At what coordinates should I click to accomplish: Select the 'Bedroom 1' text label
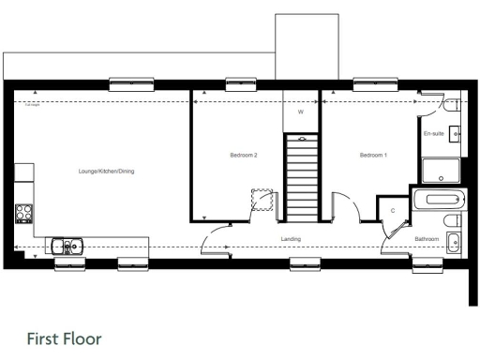373,155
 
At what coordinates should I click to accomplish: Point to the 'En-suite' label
433,135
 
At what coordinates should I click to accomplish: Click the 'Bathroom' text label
427,240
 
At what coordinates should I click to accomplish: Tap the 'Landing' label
291,240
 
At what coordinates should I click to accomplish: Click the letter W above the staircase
301,112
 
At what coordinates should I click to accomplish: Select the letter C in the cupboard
393,211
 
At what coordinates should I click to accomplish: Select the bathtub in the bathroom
440,199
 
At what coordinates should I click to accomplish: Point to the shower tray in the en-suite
441,171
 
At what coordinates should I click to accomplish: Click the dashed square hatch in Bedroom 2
260,201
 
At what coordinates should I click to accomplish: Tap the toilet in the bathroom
454,221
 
